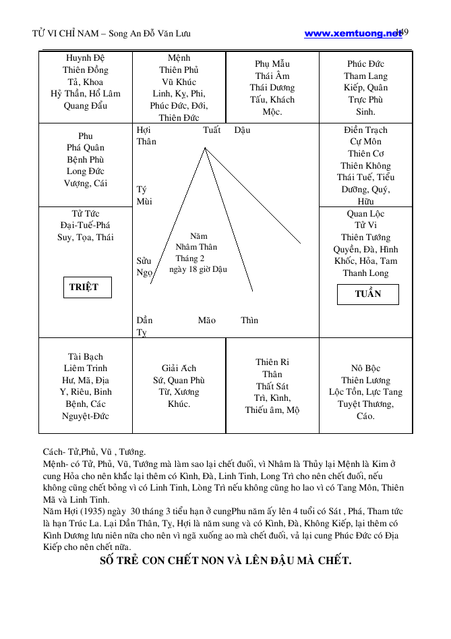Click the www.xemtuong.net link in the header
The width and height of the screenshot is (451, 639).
click(x=352, y=33)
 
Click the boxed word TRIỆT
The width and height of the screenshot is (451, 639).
click(x=84, y=287)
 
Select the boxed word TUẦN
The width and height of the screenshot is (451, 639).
click(x=368, y=294)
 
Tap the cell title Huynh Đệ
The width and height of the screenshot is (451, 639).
click(x=86, y=58)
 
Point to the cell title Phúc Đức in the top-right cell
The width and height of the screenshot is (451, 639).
click(x=365, y=64)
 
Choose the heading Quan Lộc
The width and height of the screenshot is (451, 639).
click(x=365, y=214)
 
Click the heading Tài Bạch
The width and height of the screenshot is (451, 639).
click(x=86, y=356)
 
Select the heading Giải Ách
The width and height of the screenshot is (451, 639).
click(x=179, y=368)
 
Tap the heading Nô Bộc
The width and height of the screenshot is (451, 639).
click(x=365, y=368)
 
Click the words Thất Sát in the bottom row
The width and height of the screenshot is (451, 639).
click(x=272, y=386)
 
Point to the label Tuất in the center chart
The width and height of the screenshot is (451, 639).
click(x=211, y=130)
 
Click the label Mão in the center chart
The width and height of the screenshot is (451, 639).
click(x=207, y=320)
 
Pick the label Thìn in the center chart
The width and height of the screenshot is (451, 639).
click(x=249, y=320)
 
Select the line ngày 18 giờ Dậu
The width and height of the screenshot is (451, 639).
click(x=198, y=269)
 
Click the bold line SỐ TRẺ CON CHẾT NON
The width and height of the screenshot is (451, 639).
click(x=225, y=561)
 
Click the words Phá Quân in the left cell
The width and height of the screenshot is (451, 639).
click(x=86, y=148)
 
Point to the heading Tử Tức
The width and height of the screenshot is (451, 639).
click(x=86, y=214)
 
